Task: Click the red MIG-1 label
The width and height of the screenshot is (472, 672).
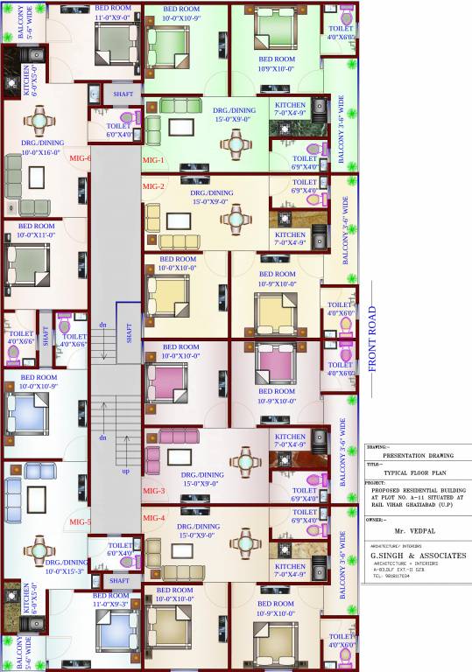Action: click(x=153, y=160)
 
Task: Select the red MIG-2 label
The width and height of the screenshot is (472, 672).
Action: click(x=153, y=186)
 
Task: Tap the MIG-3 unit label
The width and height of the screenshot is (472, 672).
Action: click(x=153, y=492)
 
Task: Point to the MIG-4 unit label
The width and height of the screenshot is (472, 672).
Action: click(x=153, y=519)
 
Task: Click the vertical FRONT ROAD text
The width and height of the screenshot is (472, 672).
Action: click(x=372, y=339)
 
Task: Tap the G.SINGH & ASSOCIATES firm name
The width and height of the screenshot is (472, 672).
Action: click(x=418, y=556)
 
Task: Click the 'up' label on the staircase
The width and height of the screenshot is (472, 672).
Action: click(x=126, y=470)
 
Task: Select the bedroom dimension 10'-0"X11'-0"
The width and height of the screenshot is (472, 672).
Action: click(x=37, y=234)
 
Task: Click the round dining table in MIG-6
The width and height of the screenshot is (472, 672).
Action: click(x=41, y=120)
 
